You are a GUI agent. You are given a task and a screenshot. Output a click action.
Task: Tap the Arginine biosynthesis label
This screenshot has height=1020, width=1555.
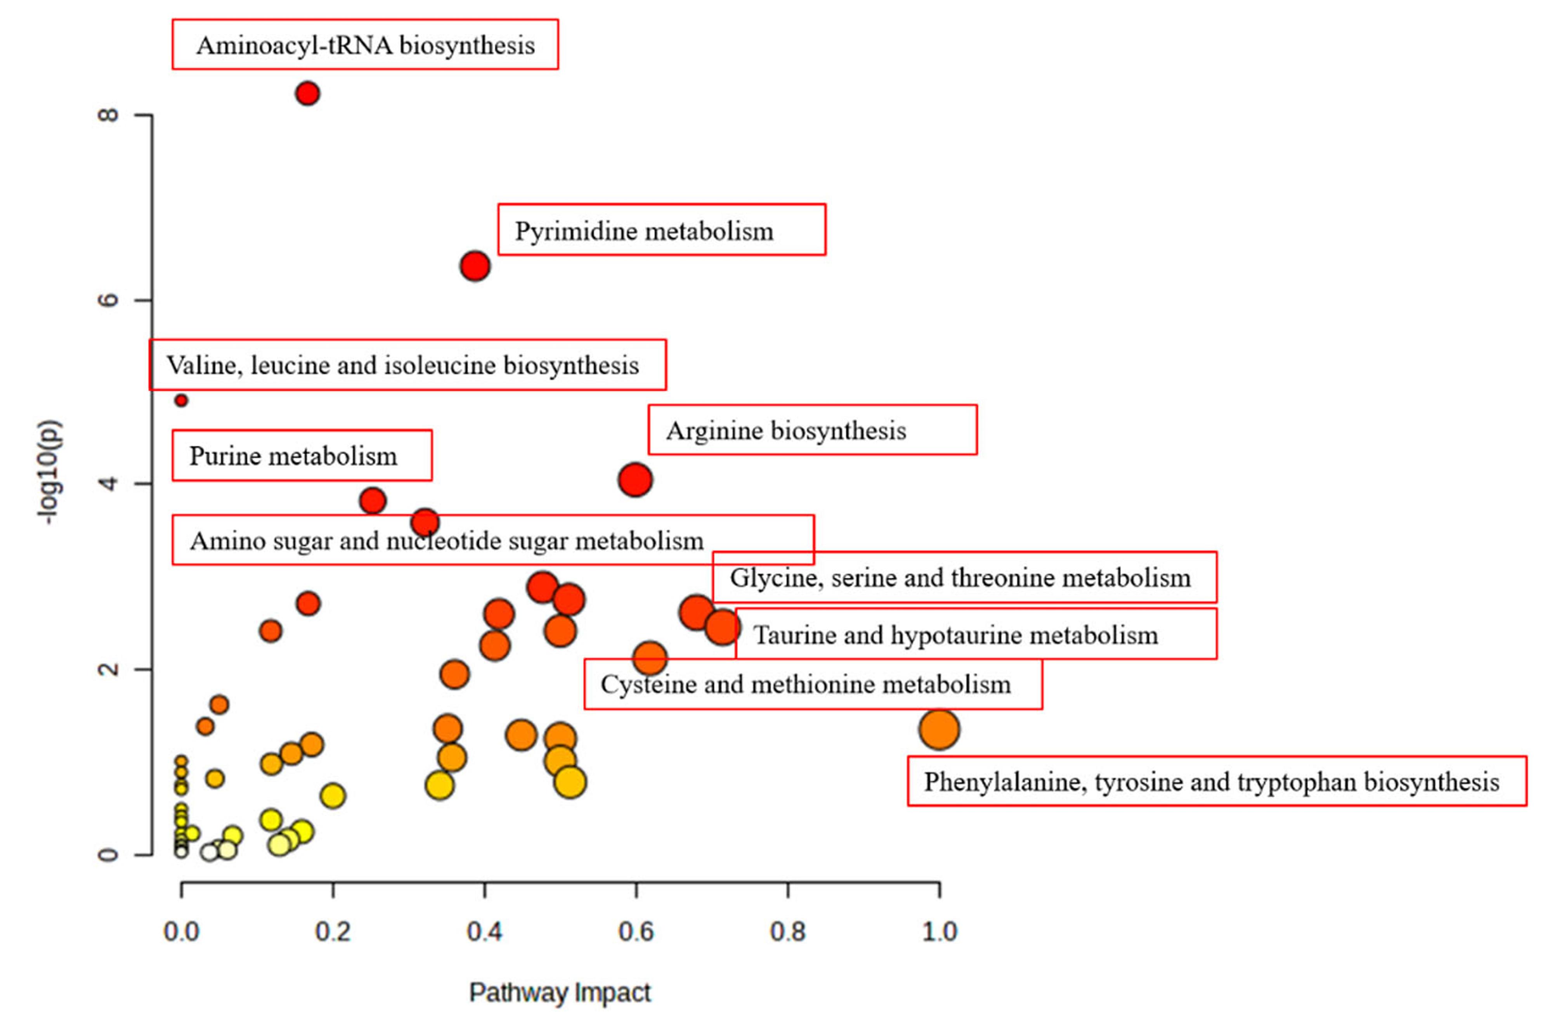click(812, 430)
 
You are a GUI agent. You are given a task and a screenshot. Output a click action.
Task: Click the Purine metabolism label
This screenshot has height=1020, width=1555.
click(302, 456)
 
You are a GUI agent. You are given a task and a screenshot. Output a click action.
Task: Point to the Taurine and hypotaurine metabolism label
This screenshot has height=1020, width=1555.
click(976, 634)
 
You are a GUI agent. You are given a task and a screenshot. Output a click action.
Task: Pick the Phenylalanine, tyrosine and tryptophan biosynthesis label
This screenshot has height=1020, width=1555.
click(1217, 781)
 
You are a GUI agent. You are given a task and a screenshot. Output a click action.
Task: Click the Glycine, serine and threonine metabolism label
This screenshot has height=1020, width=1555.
click(964, 577)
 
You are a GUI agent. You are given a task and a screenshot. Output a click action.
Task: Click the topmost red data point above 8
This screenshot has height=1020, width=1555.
click(307, 93)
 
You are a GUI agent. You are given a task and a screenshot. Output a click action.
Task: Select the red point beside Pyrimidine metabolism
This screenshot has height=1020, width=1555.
click(475, 266)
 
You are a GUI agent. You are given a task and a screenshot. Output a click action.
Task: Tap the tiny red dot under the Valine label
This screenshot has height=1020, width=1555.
click(182, 400)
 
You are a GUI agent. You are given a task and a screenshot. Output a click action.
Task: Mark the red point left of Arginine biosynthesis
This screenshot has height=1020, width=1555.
click(635, 480)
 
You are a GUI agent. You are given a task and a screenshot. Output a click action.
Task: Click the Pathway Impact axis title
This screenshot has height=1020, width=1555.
click(560, 992)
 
